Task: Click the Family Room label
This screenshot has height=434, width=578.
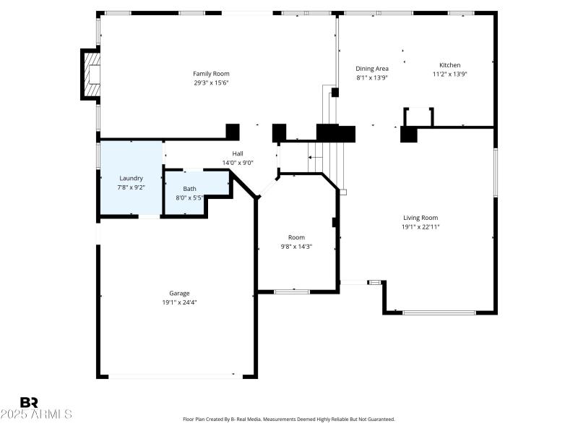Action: [211, 74]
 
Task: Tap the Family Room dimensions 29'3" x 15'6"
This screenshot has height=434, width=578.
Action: [211, 82]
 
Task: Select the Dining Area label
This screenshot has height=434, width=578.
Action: [372, 69]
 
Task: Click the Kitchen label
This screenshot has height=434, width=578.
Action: [449, 65]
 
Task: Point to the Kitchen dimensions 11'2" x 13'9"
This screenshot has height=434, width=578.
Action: [449, 74]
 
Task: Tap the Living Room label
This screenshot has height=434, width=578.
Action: [420, 218]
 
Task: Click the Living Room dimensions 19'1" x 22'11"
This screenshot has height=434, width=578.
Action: [420, 226]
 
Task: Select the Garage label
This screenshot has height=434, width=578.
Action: [179, 293]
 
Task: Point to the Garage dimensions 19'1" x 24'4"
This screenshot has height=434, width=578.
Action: [179, 302]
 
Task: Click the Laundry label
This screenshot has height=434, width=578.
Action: [131, 178]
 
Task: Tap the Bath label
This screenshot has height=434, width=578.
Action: [189, 189]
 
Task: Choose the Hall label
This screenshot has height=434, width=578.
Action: [238, 153]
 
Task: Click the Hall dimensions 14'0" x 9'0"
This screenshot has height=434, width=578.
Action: [238, 163]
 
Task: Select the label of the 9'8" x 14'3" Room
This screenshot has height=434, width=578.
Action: [296, 237]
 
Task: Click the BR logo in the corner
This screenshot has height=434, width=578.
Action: [29, 402]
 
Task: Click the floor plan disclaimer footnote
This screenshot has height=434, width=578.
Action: [289, 419]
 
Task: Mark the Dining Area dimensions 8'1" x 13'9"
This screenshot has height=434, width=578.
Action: [372, 77]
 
